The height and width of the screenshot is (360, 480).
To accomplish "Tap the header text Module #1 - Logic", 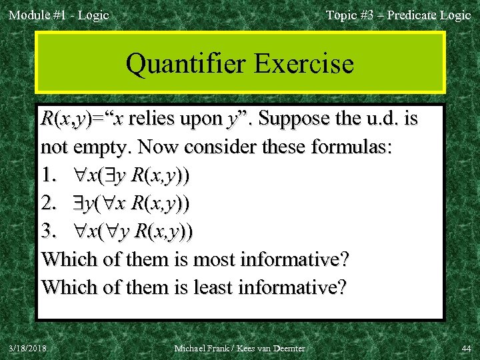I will tap(58, 15).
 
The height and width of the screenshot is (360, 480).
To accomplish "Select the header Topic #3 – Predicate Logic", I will tap(398, 15).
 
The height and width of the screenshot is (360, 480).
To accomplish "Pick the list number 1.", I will tap(49, 176).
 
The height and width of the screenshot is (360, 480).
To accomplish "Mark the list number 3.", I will tap(49, 232).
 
